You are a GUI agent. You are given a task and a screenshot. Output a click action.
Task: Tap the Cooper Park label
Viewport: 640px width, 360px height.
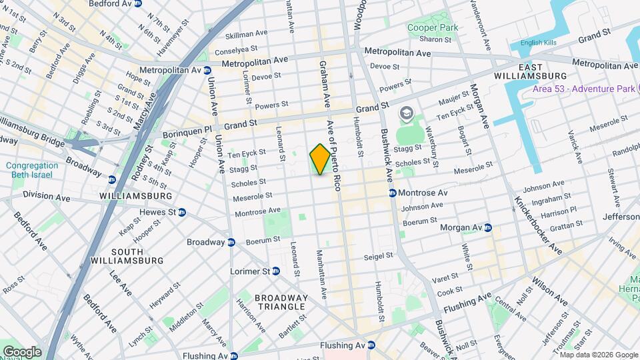(433, 28)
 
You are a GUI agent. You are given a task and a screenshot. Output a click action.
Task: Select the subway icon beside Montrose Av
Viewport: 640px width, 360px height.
(393, 193)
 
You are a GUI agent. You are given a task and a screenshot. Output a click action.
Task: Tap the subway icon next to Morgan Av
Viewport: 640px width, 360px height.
(487, 227)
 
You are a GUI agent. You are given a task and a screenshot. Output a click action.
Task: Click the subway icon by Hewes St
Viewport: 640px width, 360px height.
(181, 212)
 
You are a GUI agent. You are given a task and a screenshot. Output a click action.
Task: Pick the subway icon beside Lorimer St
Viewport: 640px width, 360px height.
(275, 271)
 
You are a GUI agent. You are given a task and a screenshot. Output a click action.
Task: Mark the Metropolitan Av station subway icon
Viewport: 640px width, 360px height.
(207, 70)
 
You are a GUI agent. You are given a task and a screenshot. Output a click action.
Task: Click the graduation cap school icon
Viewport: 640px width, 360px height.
(405, 115)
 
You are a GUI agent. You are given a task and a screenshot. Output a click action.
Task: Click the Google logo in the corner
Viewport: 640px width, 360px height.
(22, 351)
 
